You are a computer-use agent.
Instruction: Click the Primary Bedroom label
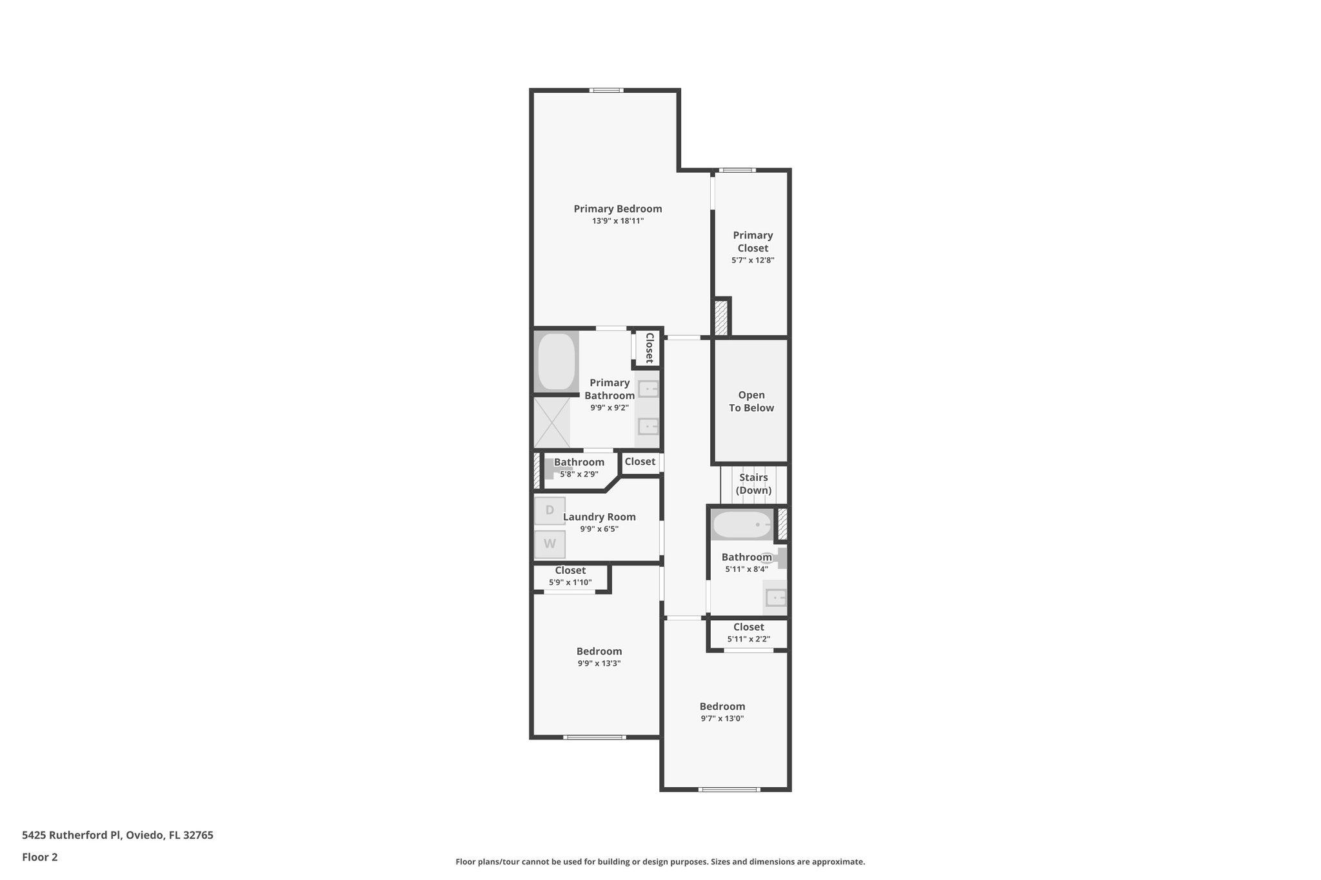tap(617, 209)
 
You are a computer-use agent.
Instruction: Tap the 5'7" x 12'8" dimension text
tap(752, 260)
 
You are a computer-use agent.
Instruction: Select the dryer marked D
tap(550, 511)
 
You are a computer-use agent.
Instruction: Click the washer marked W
tap(550, 544)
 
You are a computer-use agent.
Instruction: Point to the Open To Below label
tap(751, 401)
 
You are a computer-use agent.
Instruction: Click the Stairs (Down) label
tap(753, 484)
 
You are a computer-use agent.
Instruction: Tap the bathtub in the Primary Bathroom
tap(556, 361)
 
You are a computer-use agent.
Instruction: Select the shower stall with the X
tap(552, 422)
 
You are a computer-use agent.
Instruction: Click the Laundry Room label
tap(599, 517)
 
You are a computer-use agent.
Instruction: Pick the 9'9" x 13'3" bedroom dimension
tap(599, 663)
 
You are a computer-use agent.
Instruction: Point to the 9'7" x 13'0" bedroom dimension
tap(722, 718)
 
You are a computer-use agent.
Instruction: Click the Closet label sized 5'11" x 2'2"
tap(748, 627)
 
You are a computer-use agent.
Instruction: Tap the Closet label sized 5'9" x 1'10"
tap(570, 571)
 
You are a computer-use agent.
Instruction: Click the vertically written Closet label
tap(649, 348)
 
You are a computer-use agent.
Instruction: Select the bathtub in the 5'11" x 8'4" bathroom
tap(742, 525)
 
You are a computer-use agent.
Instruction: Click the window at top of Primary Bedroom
tap(606, 90)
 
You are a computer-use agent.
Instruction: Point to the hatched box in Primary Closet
tap(720, 317)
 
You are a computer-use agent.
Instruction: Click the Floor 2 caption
tap(40, 857)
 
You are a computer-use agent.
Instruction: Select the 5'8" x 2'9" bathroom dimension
tap(579, 474)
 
